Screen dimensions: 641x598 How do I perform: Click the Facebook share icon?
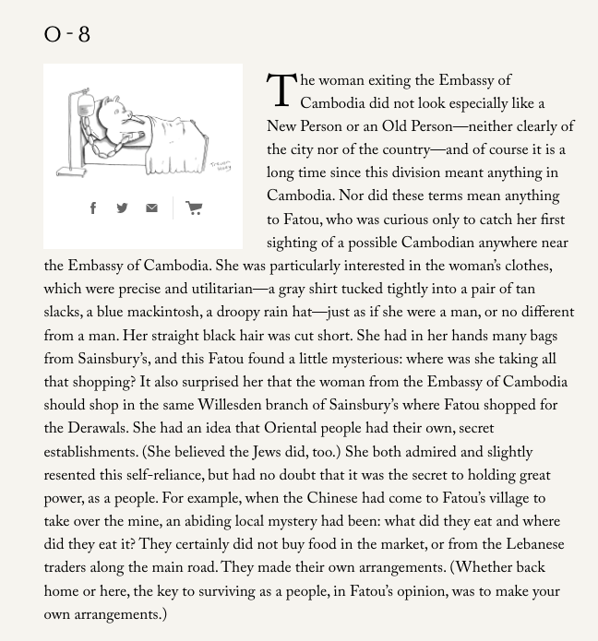(x=93, y=208)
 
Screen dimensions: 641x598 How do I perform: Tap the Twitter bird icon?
(x=122, y=208)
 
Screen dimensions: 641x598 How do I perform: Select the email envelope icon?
(x=151, y=208)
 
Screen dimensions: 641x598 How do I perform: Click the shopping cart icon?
(x=194, y=208)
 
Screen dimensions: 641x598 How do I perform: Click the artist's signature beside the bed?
(x=221, y=166)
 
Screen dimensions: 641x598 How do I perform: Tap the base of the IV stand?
(x=72, y=171)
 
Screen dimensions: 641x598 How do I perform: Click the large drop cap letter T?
(x=281, y=91)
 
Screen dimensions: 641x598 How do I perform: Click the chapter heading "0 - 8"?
(x=67, y=35)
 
